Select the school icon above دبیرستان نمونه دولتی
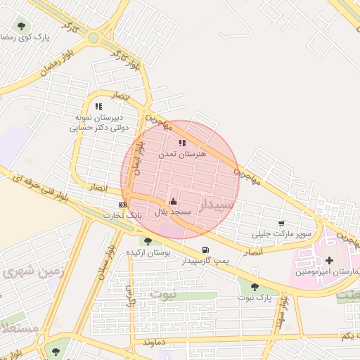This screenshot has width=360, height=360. [98, 106]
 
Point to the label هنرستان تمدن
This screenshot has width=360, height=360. [182, 153]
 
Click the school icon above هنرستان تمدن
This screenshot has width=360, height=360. [182, 143]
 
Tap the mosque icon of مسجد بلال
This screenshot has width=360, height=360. [173, 202]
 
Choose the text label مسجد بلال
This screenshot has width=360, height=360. [172, 212]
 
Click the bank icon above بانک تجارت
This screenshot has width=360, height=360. [123, 205]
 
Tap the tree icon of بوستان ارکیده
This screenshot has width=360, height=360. [148, 241]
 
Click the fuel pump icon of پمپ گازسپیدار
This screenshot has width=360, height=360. [205, 250]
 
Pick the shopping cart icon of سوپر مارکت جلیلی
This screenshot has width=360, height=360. [281, 223]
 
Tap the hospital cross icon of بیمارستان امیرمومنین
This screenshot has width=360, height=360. [329, 261]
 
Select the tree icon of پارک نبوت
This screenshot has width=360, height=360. [255, 287]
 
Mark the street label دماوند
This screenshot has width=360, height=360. [157, 342]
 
